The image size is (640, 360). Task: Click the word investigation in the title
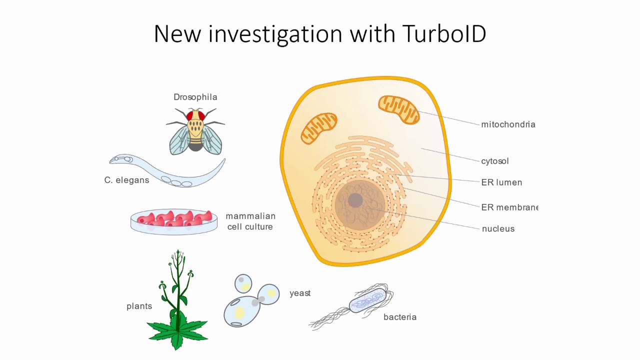coord(275,34)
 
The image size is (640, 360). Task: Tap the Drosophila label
coord(195,97)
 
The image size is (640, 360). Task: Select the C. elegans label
coord(126,180)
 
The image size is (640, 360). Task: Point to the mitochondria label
coord(508,124)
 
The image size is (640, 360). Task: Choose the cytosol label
coord(495,161)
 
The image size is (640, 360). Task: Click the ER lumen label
coord(501,182)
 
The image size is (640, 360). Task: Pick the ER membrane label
coord(509,207)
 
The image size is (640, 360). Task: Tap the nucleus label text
coord(498,228)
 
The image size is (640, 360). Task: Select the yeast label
coord(300,293)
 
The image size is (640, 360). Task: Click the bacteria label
coord(400,317)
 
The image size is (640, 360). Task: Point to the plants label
coord(139,306)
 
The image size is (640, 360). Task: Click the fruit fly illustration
coord(195,131)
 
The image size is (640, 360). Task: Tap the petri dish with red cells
coord(173,221)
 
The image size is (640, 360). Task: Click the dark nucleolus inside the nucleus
coord(355,200)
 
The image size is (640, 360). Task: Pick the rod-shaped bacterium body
coord(368,300)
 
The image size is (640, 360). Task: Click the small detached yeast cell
coord(243,283)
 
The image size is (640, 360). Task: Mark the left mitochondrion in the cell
coord(319,128)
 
